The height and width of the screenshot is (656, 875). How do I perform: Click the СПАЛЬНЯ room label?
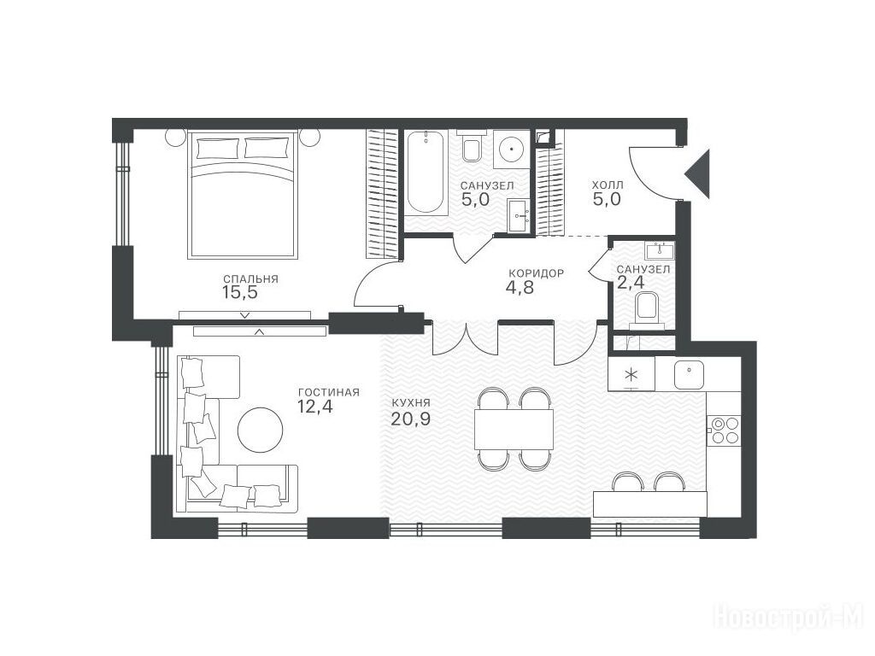pos(250,279)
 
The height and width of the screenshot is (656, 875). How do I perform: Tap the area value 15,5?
pos(240,292)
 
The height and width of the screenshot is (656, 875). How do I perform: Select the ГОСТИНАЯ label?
pos(329,392)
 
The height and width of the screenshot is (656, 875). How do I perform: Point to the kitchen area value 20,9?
pos(411,419)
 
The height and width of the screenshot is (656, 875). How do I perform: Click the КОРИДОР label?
pos(537,273)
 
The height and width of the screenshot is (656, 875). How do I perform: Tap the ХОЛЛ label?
pos(608,184)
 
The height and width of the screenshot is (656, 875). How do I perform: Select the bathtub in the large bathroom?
pos(426,173)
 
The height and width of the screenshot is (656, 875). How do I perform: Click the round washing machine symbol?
pos(511,147)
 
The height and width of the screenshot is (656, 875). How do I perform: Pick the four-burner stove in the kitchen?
pos(725,430)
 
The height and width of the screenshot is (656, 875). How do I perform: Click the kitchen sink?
pos(690,374)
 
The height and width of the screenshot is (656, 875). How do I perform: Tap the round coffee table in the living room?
pos(260,430)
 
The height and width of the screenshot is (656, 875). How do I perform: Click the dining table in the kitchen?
pos(514,430)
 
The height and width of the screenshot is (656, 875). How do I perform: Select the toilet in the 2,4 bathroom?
pos(648,310)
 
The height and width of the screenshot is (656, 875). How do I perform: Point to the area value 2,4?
pos(631,282)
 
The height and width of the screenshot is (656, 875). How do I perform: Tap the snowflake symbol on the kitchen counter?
pos(631,373)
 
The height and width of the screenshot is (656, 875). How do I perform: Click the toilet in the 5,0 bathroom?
pos(472,146)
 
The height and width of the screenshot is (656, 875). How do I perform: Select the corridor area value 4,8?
pos(521,287)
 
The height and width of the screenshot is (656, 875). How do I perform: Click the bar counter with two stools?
pos(650,504)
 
